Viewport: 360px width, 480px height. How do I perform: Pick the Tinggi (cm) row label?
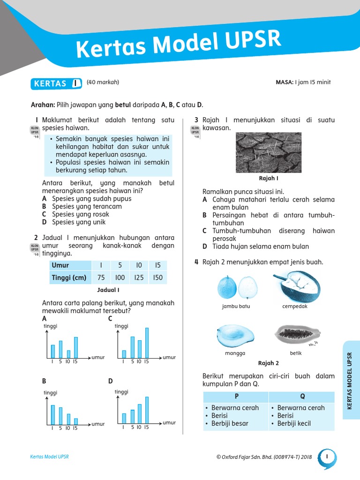point(69,277)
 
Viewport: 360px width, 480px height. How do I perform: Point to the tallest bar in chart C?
point(147,342)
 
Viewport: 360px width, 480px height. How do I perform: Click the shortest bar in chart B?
point(76,421)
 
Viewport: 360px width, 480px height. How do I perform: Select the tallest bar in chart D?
point(147,410)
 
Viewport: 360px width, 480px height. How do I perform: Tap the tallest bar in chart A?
point(76,347)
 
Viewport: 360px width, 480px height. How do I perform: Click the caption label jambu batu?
point(236,307)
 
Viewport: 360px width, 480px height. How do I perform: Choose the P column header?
point(236,397)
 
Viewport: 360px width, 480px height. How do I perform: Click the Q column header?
point(302,397)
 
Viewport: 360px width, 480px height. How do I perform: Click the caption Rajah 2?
point(269,363)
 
